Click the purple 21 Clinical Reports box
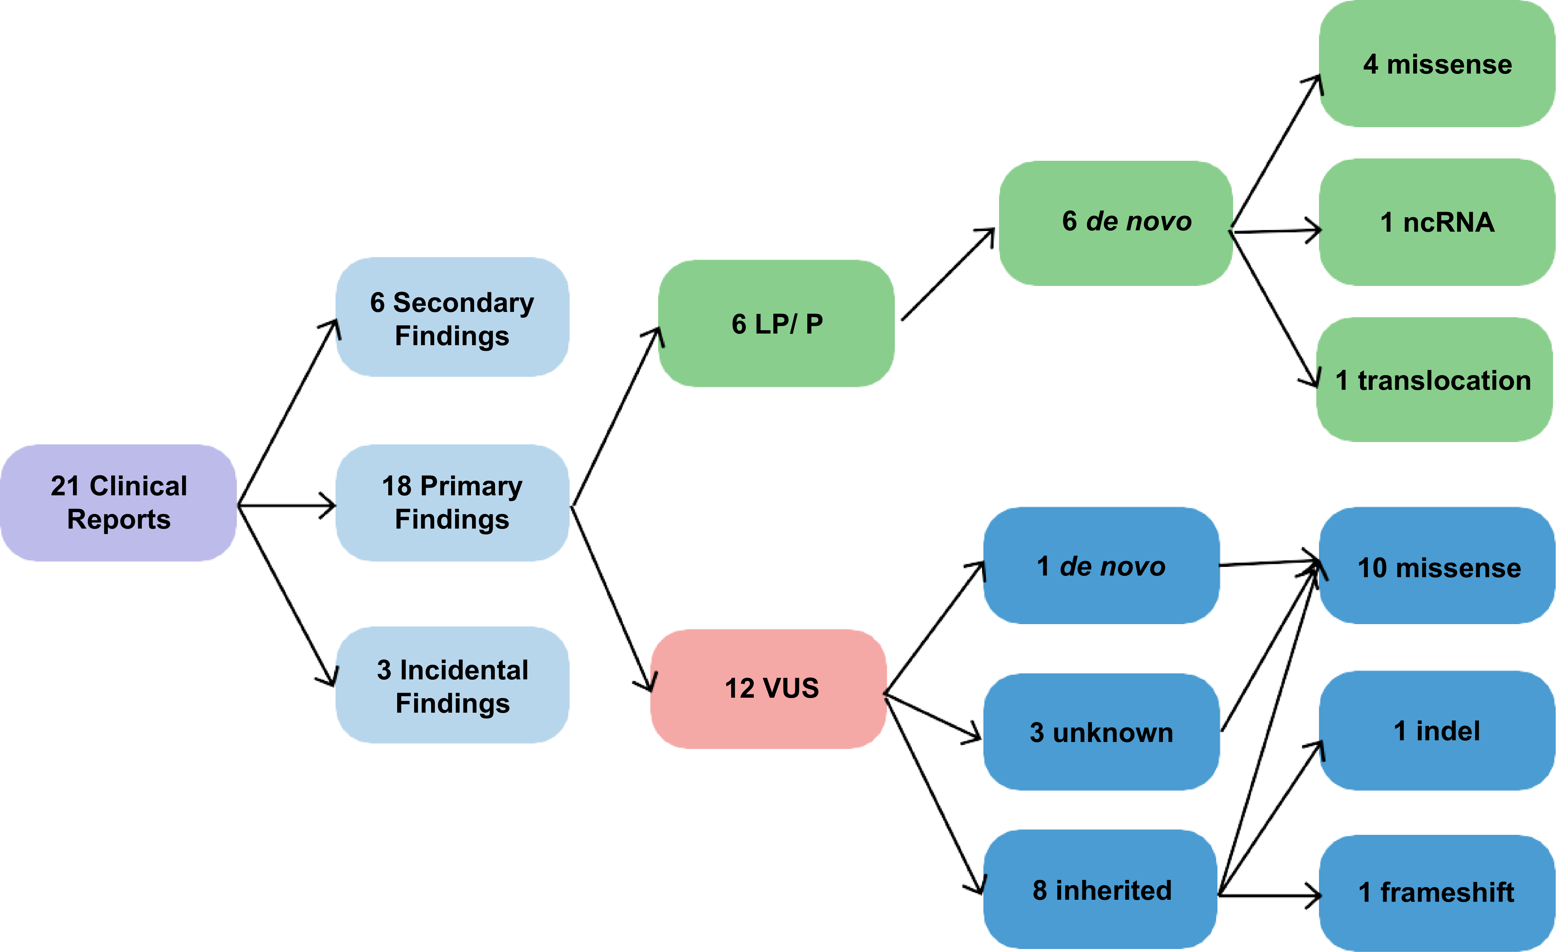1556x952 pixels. point(119,503)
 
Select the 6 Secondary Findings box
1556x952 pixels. point(452,318)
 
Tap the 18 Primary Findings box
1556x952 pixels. point(452,503)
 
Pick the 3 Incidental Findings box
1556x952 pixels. point(452,686)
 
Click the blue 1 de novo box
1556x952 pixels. point(1101,566)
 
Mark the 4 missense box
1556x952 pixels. point(1437,64)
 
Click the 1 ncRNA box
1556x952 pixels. point(1437,222)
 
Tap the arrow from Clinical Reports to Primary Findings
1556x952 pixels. point(287,505)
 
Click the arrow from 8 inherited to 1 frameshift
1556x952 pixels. point(1269,894)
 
